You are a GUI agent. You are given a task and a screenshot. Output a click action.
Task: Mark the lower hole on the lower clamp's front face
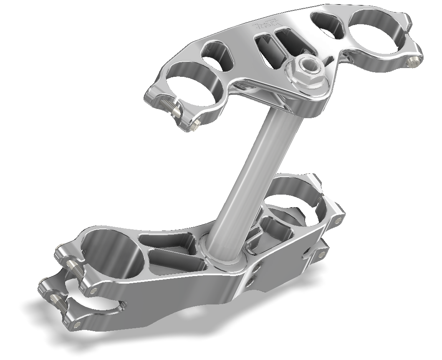[250, 283]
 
